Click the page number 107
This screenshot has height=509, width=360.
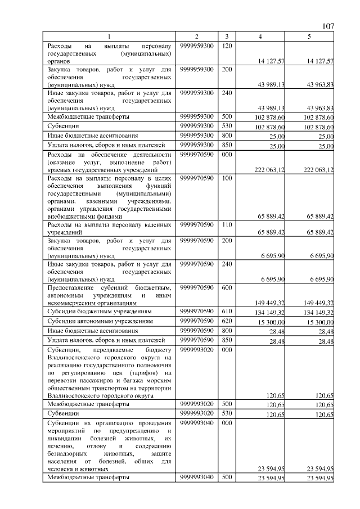328,26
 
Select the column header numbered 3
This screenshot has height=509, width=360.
226,37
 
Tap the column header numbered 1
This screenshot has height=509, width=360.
109,37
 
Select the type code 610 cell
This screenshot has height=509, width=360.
226,311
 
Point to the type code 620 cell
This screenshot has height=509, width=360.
226,321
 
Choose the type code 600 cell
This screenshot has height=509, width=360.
226,287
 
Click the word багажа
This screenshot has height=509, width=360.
130,380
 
